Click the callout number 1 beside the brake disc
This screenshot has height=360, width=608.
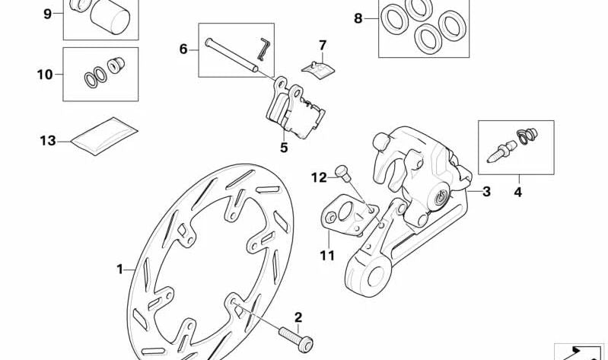[119, 269]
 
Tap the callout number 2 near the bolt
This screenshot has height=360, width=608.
[298, 317]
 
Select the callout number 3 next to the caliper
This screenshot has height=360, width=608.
[486, 191]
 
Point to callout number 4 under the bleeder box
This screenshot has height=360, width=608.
[517, 192]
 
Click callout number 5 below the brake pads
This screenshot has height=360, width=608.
[284, 148]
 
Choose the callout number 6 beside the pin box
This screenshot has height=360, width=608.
[183, 49]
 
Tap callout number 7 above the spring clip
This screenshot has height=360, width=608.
[322, 45]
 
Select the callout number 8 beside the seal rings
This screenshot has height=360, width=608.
[358, 18]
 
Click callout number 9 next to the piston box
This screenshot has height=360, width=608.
[47, 14]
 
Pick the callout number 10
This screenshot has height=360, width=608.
[44, 75]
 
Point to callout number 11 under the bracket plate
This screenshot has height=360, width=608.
[327, 256]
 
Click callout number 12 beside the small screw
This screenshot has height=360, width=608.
[318, 177]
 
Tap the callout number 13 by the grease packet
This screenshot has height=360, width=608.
[48, 140]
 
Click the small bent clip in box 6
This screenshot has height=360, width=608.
[263, 47]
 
